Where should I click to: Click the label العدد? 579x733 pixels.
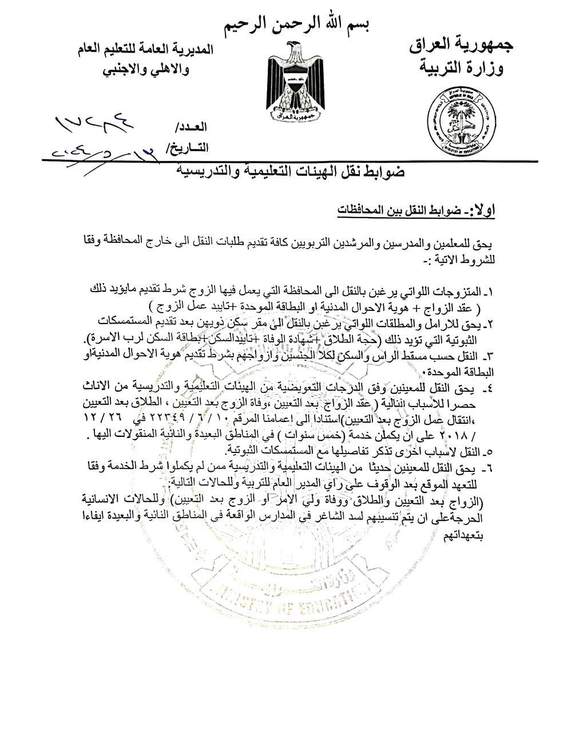click(193, 127)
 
